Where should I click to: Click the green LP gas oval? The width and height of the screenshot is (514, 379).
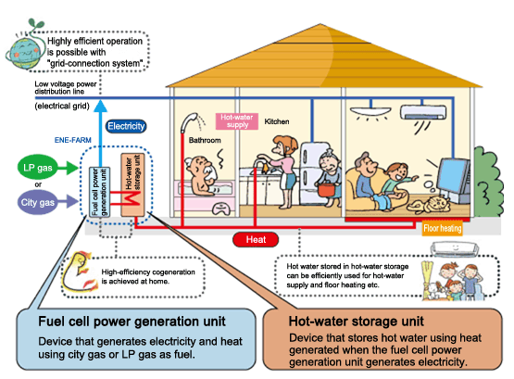[x=37, y=167]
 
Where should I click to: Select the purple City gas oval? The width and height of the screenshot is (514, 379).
[x=37, y=202]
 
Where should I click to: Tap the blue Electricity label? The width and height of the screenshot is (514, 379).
[x=126, y=126]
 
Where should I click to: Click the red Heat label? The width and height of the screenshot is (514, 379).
[x=256, y=239]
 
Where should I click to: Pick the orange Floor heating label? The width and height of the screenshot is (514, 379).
[x=442, y=228]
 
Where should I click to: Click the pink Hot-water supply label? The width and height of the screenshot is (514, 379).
[x=237, y=121]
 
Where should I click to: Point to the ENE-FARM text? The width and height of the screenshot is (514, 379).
[x=73, y=140]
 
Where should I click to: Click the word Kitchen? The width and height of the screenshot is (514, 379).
[x=277, y=121]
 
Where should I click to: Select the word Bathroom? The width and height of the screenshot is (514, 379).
[x=205, y=140]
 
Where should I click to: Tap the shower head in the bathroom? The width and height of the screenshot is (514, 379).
[x=189, y=122]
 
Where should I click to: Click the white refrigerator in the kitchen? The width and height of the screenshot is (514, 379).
[x=313, y=174]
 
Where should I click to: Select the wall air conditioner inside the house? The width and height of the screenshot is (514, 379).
[x=423, y=112]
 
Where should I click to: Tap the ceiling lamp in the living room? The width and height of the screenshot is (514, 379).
[x=370, y=112]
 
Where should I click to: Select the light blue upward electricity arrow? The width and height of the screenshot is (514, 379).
[x=100, y=133]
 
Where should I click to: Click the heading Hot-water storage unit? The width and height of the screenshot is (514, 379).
[x=356, y=322]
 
